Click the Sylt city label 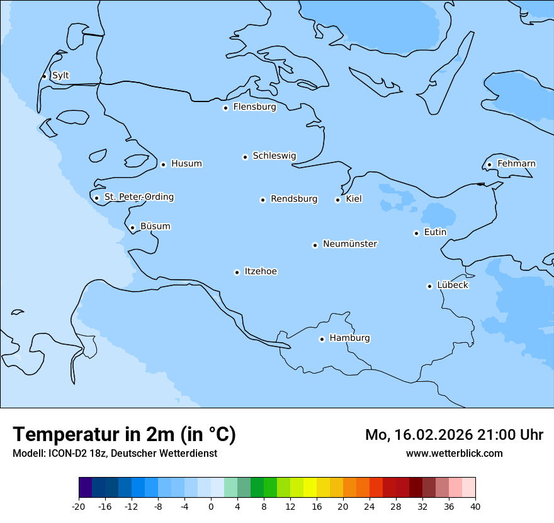[x=60, y=76]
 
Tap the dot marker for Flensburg [x=225, y=108]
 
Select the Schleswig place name [x=274, y=156]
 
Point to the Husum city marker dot [x=163, y=164]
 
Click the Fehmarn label [x=516, y=164]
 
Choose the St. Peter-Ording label [x=138, y=197]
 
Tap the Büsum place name [x=155, y=226]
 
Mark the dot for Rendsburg [x=263, y=200]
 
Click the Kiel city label [x=354, y=199]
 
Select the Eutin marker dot [x=416, y=233]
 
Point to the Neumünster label [x=350, y=244]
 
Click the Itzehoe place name [x=261, y=272]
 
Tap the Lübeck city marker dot [x=429, y=286]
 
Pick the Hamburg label [x=349, y=338]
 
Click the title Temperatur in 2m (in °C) [x=124, y=434]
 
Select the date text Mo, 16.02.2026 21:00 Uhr [x=454, y=435]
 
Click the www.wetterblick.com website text [x=454, y=453]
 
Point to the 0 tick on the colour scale [x=211, y=507]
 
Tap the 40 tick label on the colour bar [x=475, y=507]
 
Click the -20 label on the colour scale [x=79, y=507]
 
